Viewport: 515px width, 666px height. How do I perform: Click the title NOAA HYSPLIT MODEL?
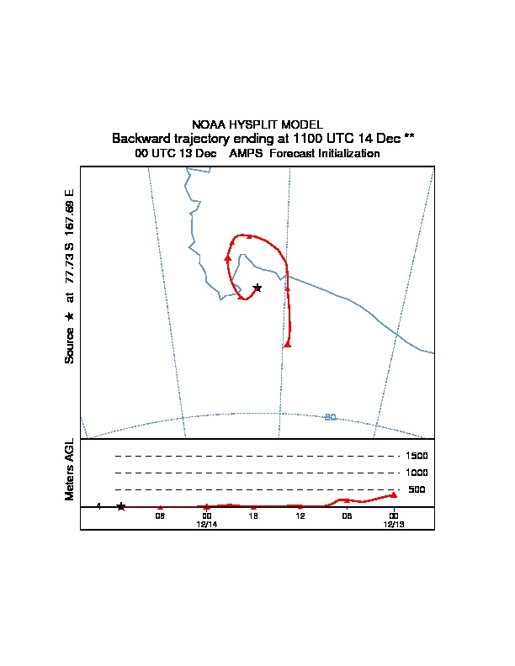coord(257,124)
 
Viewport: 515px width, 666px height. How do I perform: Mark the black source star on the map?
coord(257,288)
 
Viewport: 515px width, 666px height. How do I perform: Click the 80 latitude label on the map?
coord(330,418)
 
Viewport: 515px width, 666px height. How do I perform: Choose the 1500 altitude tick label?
coord(417,456)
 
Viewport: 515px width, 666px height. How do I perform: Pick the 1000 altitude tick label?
coord(417,473)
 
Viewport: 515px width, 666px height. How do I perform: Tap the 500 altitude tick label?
coord(417,489)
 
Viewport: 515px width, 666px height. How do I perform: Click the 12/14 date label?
coord(207,525)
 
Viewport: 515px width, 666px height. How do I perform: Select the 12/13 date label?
coord(394,525)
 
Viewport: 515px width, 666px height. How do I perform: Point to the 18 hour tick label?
coord(253,516)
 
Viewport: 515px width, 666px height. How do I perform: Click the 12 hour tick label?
coord(300,516)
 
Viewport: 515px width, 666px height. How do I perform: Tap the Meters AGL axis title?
coord(69,469)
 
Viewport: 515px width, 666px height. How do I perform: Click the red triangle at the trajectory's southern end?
coord(288,345)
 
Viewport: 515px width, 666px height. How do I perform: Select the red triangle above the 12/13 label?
coord(394,494)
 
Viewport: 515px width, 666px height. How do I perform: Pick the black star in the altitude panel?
coord(121,506)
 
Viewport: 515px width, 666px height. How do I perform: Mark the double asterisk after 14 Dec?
coord(409,136)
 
